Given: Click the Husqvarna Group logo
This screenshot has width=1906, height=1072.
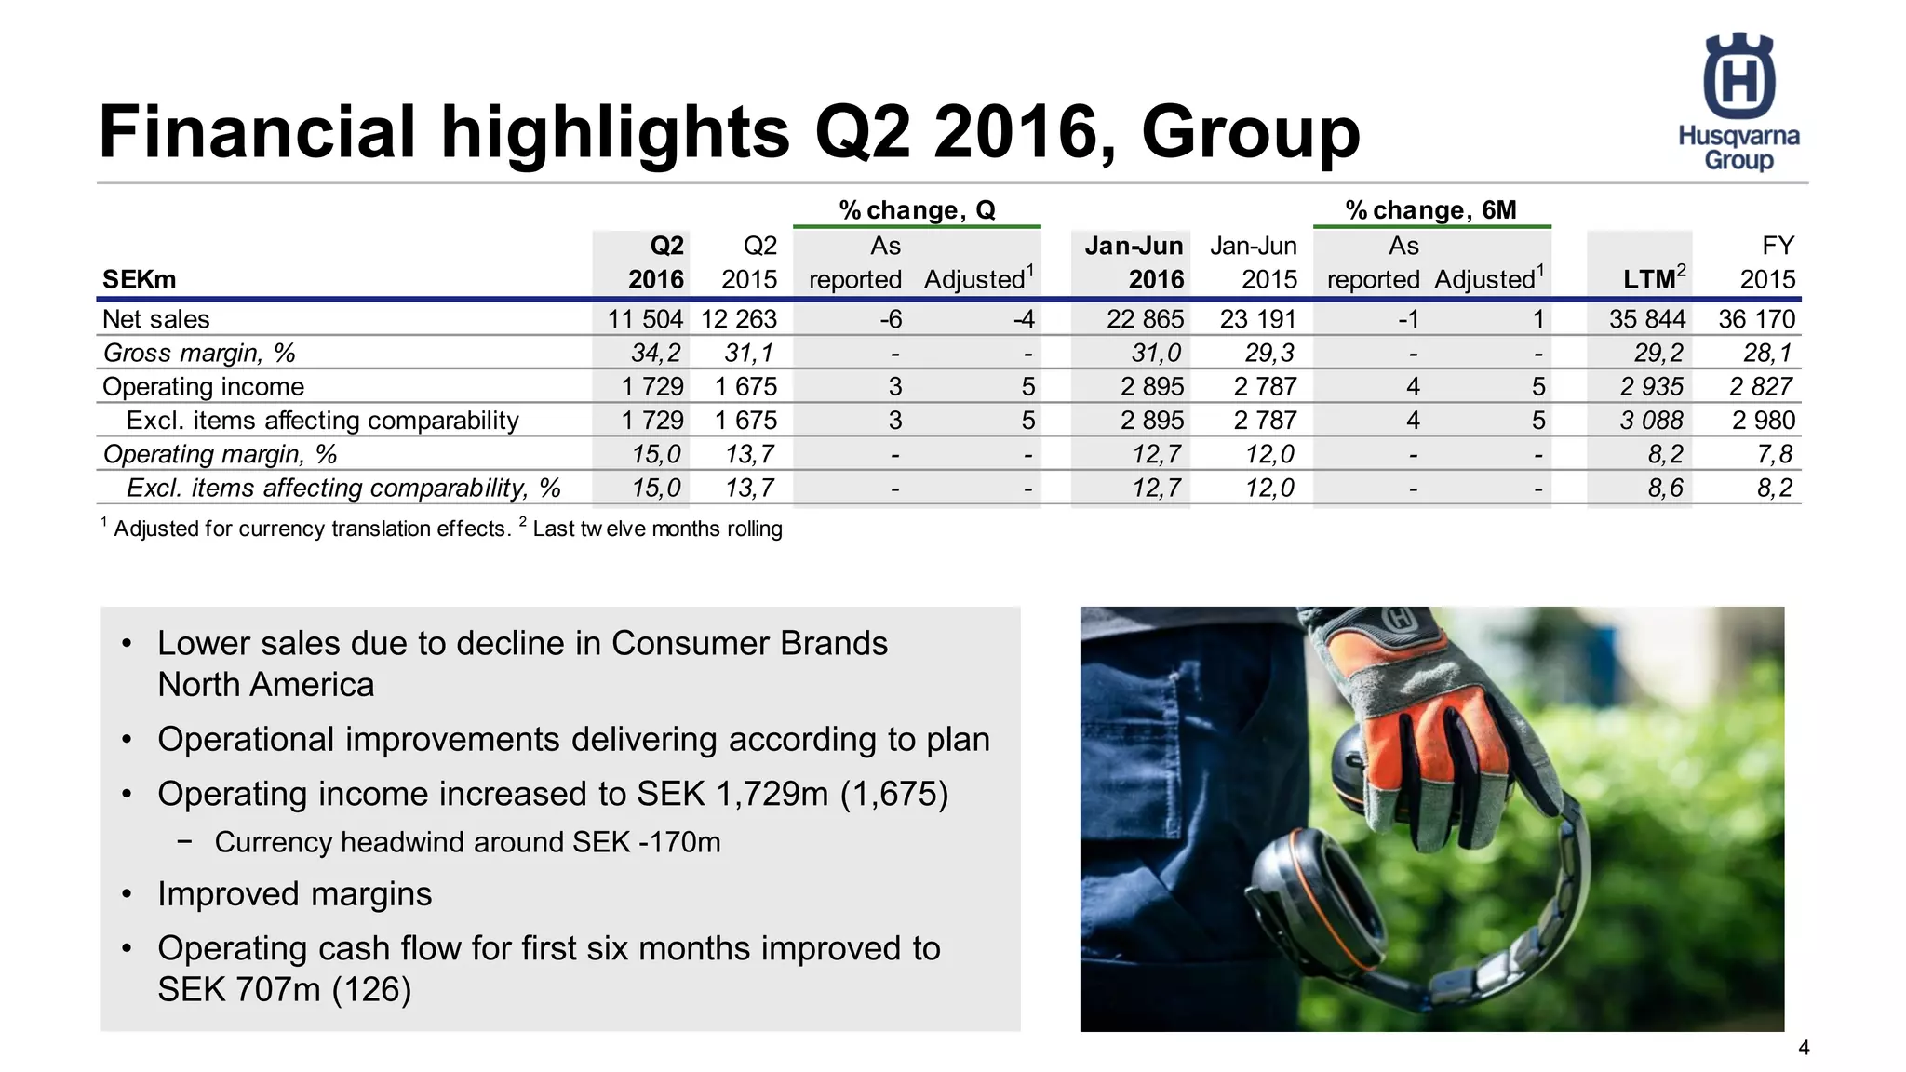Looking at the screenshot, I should tap(1738, 102).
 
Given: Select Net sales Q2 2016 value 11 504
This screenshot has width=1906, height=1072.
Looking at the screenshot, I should tap(645, 319).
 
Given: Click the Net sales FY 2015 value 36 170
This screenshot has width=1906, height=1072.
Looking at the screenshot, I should tap(1756, 319).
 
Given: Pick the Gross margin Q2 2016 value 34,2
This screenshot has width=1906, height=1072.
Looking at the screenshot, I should tap(656, 353).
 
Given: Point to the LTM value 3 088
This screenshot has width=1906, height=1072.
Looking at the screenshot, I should tap(1652, 421).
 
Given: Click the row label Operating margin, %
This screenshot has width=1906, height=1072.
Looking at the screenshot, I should tap(220, 454).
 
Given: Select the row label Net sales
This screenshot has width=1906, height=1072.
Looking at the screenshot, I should tap(156, 319).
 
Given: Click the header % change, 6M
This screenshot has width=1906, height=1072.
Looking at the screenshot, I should tap(1430, 210).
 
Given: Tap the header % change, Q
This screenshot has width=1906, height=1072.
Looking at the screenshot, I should tap(917, 210).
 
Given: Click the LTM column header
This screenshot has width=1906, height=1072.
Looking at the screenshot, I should tap(1654, 278).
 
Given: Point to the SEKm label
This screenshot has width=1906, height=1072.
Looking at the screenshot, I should tap(139, 279).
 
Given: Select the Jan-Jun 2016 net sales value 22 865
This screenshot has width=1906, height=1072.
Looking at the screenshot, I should tap(1145, 319).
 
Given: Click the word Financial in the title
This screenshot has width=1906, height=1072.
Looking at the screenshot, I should tap(257, 132).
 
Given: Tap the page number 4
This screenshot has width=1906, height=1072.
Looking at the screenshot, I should tap(1804, 1048).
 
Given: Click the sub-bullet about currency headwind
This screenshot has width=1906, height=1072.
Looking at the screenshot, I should tap(467, 842).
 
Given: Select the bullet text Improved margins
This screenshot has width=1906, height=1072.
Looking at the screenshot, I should tap(294, 894).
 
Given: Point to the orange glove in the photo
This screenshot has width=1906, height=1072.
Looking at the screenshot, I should tap(1433, 735).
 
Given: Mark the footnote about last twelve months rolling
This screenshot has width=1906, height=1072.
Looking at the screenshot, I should tap(656, 529).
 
